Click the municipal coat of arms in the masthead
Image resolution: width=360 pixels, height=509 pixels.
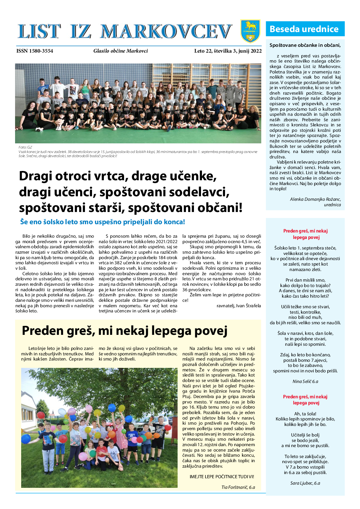(x=250, y=31)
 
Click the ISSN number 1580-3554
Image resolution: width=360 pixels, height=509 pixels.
(x=35, y=51)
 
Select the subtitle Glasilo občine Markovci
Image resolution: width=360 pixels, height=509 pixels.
(x=121, y=51)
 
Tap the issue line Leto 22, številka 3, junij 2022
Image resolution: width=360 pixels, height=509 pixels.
(x=228, y=51)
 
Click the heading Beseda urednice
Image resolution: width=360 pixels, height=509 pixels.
(x=304, y=29)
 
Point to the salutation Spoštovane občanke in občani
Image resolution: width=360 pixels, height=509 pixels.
(x=305, y=45)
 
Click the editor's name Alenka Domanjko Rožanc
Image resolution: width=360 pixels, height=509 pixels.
(x=315, y=199)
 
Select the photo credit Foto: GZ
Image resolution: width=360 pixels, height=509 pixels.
(x=25, y=147)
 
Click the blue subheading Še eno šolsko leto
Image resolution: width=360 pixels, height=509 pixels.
(x=102, y=222)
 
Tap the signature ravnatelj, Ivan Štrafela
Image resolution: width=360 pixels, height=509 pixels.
(x=239, y=306)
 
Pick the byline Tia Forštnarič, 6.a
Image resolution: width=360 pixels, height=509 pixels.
(x=238, y=487)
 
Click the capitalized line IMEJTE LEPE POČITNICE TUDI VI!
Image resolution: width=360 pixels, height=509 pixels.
(x=222, y=477)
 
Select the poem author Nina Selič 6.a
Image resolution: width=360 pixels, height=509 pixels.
(x=305, y=381)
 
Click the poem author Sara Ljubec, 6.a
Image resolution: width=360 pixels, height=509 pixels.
(x=305, y=483)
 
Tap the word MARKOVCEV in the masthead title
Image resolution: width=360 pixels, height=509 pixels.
(x=166, y=32)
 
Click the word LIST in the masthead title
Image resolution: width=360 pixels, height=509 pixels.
(x=39, y=32)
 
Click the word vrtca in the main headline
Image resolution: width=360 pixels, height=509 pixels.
(x=110, y=176)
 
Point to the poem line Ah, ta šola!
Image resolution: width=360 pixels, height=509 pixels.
(x=305, y=414)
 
